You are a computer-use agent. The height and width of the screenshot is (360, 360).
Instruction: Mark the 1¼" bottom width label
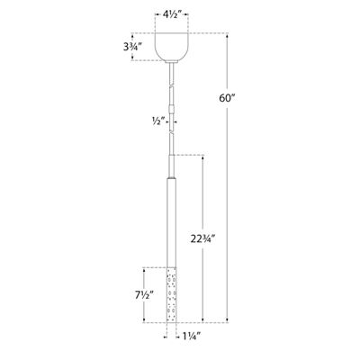[x=186, y=337]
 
